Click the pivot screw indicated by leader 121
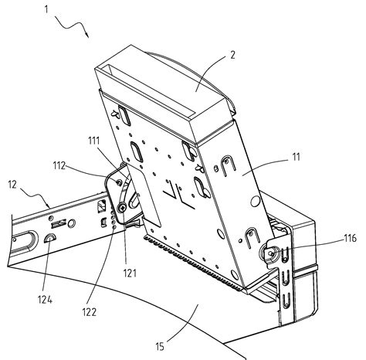point(122,208)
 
